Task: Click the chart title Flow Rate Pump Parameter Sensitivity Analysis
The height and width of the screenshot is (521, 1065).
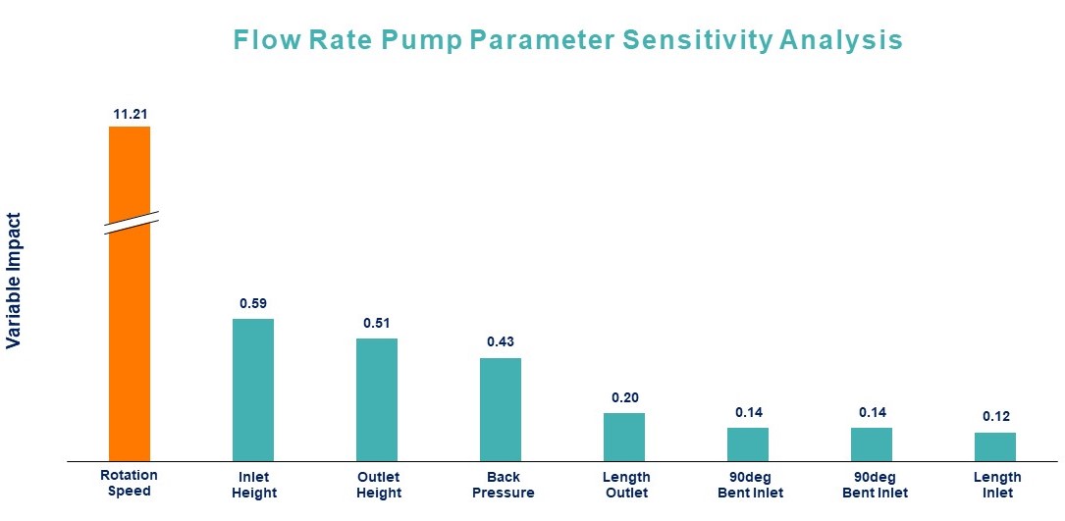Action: [567, 40]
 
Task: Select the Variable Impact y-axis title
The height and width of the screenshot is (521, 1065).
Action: [14, 281]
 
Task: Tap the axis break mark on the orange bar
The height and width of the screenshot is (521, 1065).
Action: [129, 222]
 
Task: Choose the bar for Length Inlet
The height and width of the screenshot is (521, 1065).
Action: [994, 446]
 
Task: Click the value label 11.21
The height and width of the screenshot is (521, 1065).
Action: [130, 115]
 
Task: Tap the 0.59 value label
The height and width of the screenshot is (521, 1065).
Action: [253, 303]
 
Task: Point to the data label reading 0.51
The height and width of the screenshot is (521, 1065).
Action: [377, 323]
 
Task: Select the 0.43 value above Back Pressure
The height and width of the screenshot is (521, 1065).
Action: [501, 342]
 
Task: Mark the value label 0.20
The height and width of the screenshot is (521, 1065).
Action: [624, 397]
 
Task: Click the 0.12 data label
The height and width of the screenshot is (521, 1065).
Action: [995, 417]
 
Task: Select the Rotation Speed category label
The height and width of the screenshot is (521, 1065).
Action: [129, 483]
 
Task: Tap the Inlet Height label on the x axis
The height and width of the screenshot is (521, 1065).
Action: [253, 485]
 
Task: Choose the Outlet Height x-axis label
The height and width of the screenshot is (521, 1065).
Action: [378, 485]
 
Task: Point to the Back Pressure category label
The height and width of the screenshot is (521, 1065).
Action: [503, 485]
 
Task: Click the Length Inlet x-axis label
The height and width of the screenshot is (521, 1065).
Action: [996, 485]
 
